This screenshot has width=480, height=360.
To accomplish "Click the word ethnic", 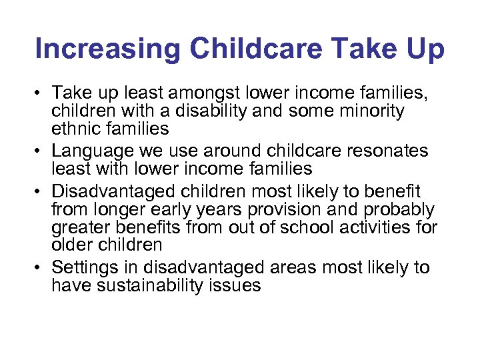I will coord(79,127).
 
